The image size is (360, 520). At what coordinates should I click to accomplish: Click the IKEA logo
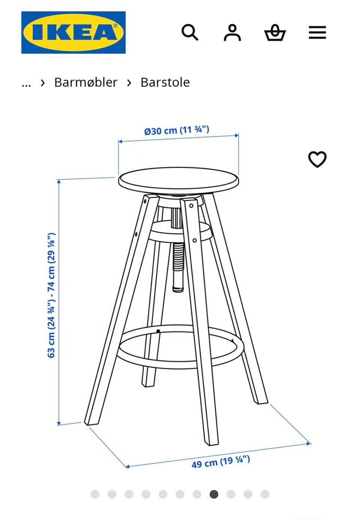point(73,32)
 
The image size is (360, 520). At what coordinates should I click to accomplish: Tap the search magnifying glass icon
point(190,33)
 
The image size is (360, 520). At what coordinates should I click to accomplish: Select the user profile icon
point(232,33)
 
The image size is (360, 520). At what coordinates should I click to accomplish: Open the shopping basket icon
point(275,33)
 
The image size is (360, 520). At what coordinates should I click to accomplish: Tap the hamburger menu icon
point(317,33)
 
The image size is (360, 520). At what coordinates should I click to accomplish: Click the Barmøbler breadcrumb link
point(85,82)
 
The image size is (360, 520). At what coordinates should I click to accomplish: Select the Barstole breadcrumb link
point(165,82)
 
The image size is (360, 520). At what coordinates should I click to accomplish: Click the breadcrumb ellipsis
point(26,83)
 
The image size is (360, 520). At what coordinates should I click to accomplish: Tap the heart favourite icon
point(317,159)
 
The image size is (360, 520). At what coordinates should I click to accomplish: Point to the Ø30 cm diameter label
point(177,130)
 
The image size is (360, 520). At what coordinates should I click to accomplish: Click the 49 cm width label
point(220,462)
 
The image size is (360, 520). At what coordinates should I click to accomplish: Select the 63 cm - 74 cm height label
point(52,295)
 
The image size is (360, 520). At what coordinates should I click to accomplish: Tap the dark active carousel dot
point(214,494)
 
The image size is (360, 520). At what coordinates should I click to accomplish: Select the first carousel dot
point(95,494)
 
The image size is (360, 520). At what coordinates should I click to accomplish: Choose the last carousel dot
point(265,494)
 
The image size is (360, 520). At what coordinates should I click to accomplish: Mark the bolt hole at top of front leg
point(191,206)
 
